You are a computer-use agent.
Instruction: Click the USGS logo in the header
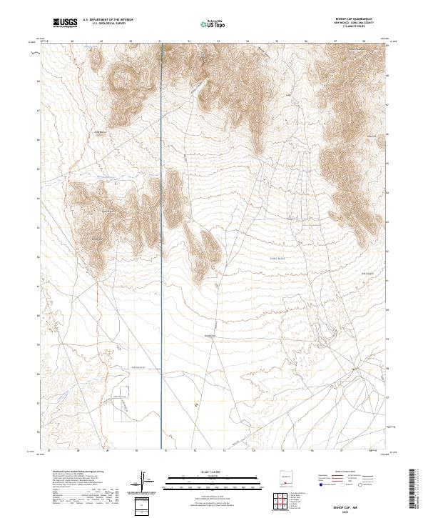coord(66,23)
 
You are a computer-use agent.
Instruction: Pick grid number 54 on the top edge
coord(248,41)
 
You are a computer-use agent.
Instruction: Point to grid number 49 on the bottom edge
coord(106,452)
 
